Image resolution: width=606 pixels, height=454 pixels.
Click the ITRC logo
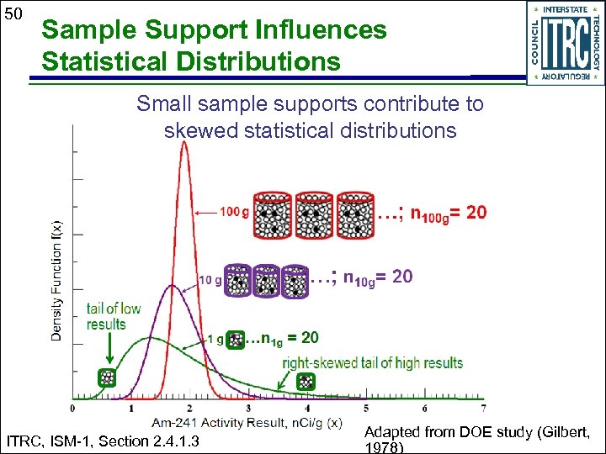[x=565, y=43]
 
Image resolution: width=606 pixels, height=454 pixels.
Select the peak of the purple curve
[x=173, y=287]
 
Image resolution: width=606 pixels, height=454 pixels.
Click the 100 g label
[x=234, y=213]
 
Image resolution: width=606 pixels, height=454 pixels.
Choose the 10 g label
[x=210, y=279]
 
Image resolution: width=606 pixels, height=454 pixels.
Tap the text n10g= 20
[x=378, y=277]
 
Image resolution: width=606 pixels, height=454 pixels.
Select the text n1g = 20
[x=289, y=338]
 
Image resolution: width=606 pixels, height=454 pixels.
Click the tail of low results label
[x=113, y=316]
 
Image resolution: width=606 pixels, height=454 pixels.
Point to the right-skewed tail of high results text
[x=372, y=363]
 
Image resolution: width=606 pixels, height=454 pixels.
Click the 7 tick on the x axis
[x=483, y=409]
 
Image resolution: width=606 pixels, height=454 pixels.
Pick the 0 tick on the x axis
[x=73, y=409]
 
